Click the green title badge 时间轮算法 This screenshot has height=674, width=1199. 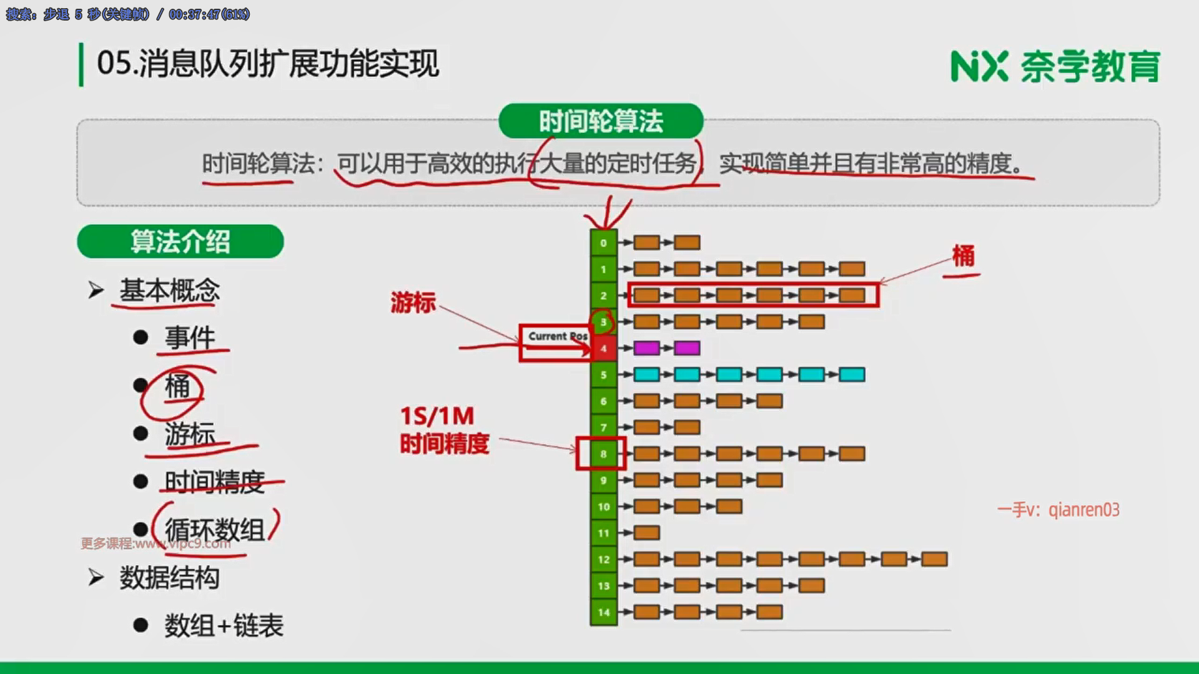click(x=601, y=121)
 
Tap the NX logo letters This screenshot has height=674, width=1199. click(x=979, y=67)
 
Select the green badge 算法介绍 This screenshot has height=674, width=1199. click(x=180, y=242)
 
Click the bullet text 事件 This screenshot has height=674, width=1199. click(x=190, y=338)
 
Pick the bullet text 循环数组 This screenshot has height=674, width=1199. click(x=214, y=530)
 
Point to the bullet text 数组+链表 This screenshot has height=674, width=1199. click(x=224, y=625)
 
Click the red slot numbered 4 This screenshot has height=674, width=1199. click(x=603, y=348)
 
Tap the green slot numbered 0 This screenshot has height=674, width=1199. click(x=603, y=243)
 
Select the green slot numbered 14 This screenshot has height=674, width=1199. click(x=603, y=612)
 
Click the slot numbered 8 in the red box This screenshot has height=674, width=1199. click(x=603, y=454)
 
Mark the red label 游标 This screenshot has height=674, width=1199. click(x=413, y=303)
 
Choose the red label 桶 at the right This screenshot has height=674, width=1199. click(x=963, y=256)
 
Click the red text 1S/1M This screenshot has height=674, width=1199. click(x=437, y=416)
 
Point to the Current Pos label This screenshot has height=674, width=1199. click(x=557, y=336)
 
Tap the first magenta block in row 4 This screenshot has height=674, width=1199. click(x=646, y=348)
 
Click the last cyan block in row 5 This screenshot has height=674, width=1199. click(x=852, y=374)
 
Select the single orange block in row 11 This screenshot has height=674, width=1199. click(x=646, y=533)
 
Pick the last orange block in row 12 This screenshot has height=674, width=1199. click(x=934, y=559)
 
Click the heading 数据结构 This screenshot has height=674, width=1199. click(x=169, y=578)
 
